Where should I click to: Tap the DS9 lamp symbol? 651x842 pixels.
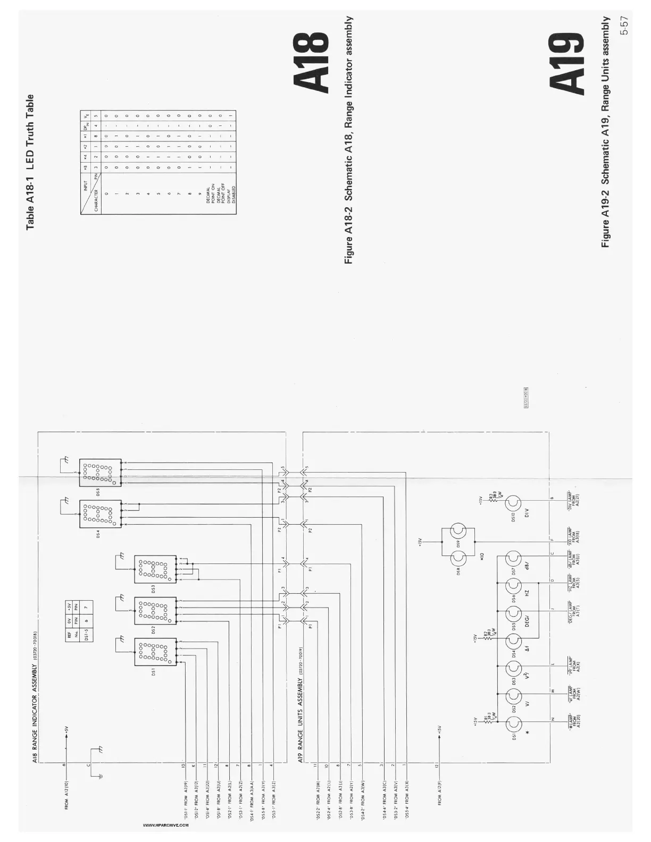[458, 532]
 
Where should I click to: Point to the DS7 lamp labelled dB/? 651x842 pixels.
[513, 559]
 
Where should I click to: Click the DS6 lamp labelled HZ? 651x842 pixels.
[513, 585]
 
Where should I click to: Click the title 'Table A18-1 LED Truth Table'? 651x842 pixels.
[30, 162]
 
